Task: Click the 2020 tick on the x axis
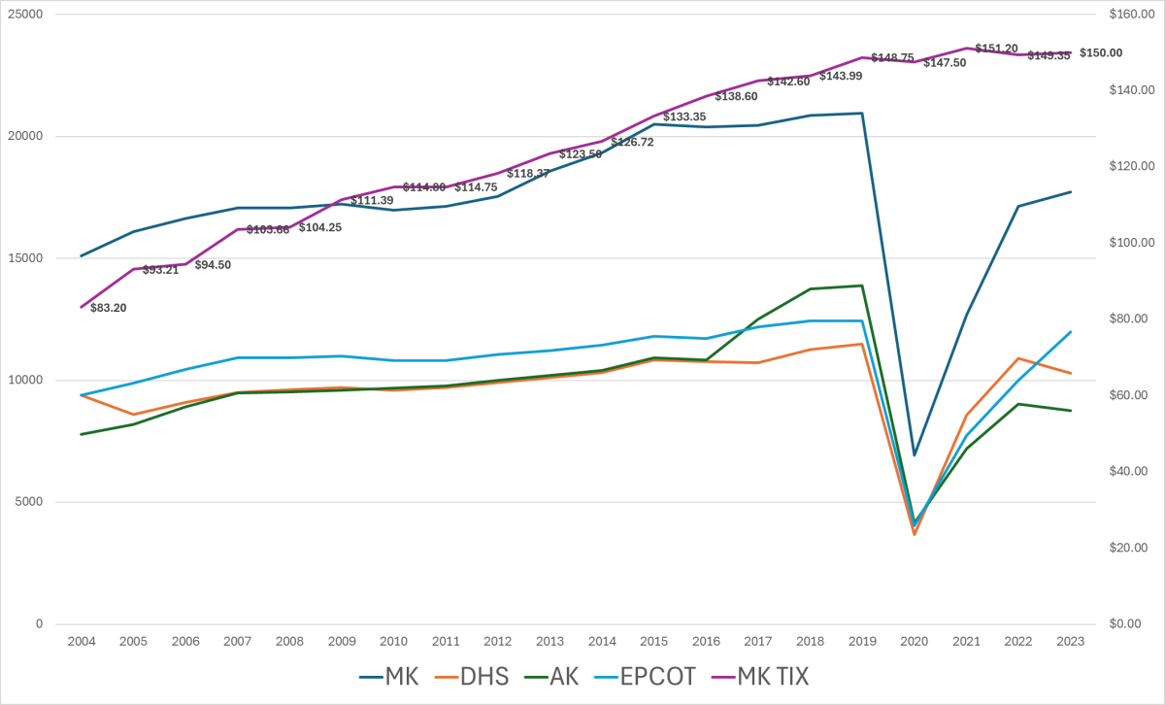click(914, 642)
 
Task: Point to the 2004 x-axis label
click(81, 642)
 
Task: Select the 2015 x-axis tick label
click(653, 642)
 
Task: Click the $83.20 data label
click(108, 308)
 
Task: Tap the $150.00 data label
click(1101, 52)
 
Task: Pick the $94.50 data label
click(213, 264)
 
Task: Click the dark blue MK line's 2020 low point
click(914, 454)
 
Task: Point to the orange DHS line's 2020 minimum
click(914, 534)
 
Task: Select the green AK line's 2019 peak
click(862, 285)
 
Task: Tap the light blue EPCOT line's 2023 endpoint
click(1070, 332)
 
